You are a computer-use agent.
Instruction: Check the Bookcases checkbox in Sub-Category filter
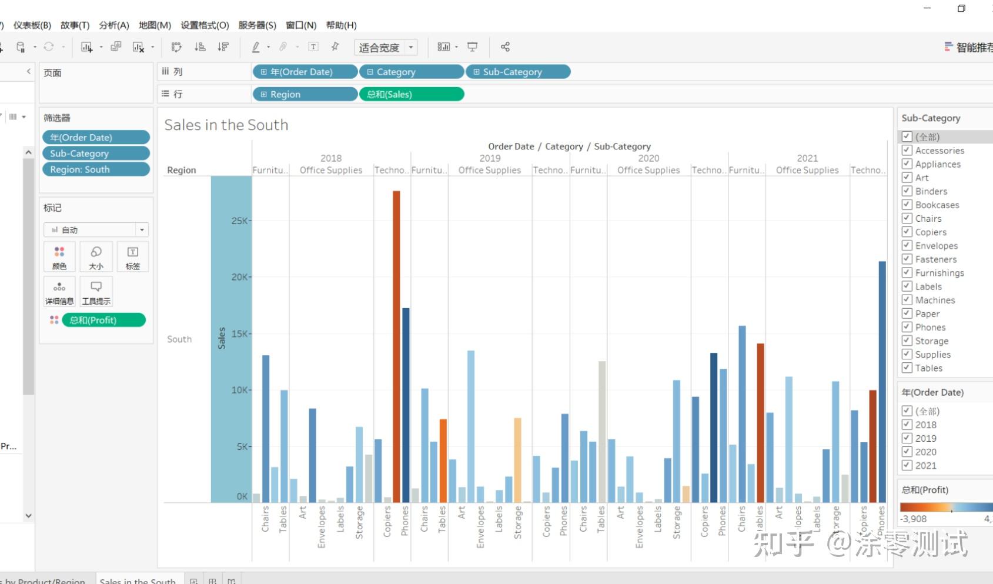(907, 205)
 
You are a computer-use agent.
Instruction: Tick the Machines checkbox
(907, 300)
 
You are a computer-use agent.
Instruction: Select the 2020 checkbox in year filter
(907, 452)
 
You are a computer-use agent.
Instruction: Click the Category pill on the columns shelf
(411, 72)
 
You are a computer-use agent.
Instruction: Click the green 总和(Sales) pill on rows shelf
(411, 94)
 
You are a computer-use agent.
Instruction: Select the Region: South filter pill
(96, 169)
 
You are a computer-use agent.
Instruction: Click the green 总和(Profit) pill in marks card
(103, 320)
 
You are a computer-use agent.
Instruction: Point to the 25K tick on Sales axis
(240, 221)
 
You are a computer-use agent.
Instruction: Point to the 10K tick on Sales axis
(240, 390)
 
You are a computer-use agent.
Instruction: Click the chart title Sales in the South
(226, 125)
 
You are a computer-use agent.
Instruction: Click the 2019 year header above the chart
(490, 158)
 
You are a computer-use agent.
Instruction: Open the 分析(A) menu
(113, 25)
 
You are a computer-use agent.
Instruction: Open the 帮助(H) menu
(341, 25)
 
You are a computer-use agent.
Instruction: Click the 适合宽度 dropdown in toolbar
(386, 47)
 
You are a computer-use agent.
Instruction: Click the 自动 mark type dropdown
(96, 230)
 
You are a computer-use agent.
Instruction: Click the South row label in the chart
(179, 339)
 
